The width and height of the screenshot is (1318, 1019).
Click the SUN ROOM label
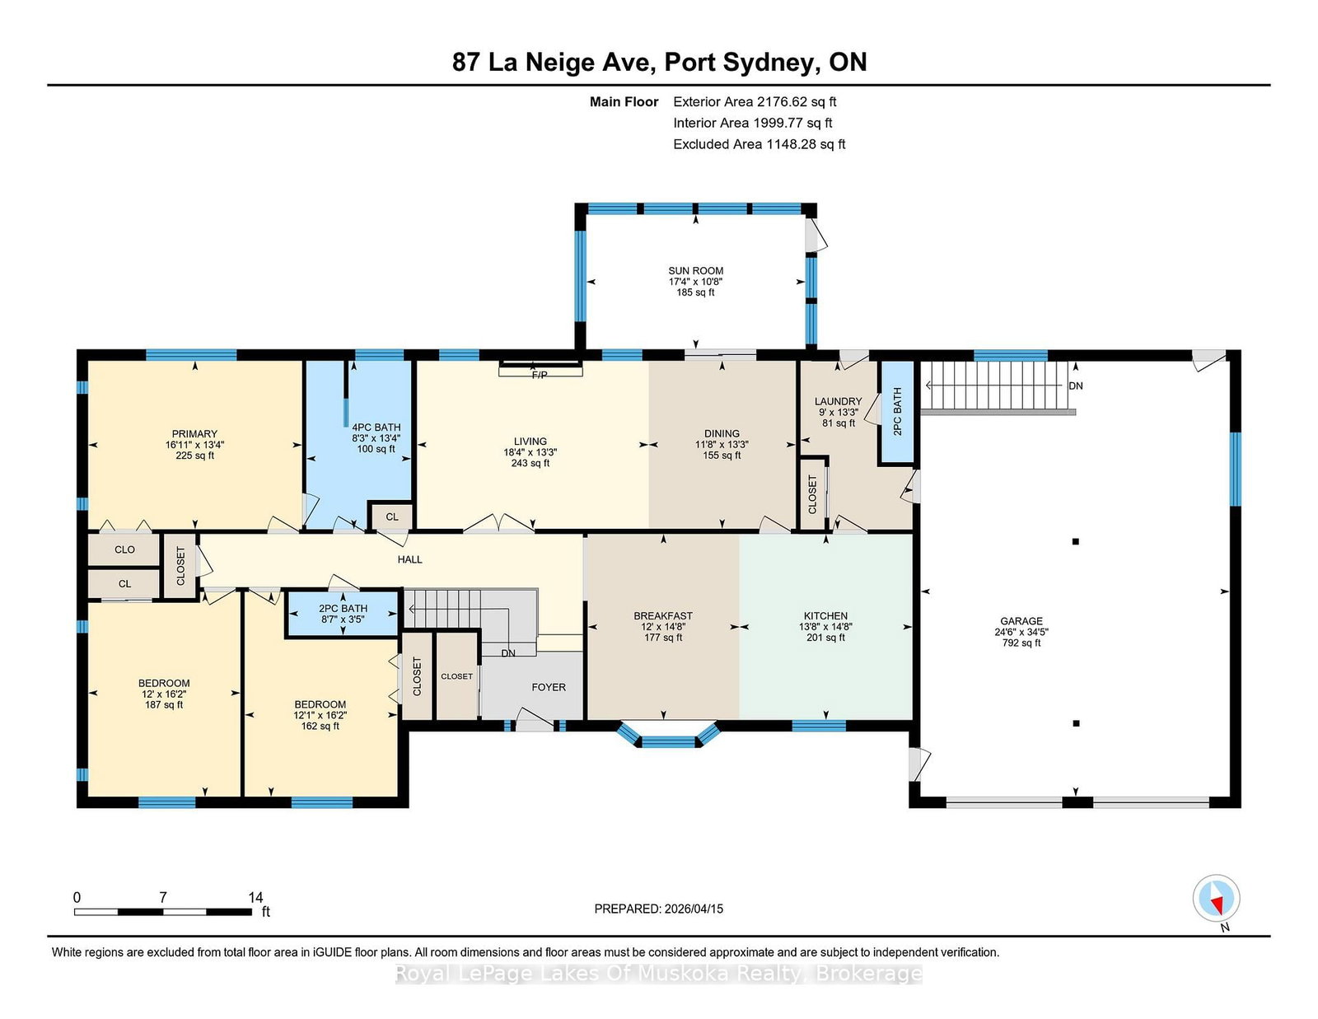click(x=695, y=270)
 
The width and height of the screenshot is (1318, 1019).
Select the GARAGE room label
click(x=1021, y=620)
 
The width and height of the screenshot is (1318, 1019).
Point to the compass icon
click(x=1216, y=899)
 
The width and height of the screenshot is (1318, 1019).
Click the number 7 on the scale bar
click(x=162, y=897)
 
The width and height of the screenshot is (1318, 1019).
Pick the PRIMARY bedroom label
click(x=194, y=433)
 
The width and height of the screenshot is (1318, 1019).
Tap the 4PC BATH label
click(x=376, y=427)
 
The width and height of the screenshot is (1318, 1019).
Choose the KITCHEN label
click(x=825, y=615)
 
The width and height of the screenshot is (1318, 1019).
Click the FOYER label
click(x=549, y=687)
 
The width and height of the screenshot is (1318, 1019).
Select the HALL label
click(x=409, y=559)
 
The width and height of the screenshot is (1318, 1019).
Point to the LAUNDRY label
click(x=839, y=401)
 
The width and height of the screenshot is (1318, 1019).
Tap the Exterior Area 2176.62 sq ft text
click(x=755, y=102)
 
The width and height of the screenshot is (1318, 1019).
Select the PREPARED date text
click(x=659, y=909)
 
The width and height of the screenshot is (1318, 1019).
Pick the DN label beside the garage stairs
click(x=1075, y=386)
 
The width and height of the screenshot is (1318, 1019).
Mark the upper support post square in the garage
click(x=1075, y=542)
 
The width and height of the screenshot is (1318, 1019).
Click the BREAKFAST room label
click(x=663, y=615)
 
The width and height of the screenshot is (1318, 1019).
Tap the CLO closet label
click(x=124, y=549)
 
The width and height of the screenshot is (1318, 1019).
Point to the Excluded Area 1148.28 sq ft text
click(x=759, y=144)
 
